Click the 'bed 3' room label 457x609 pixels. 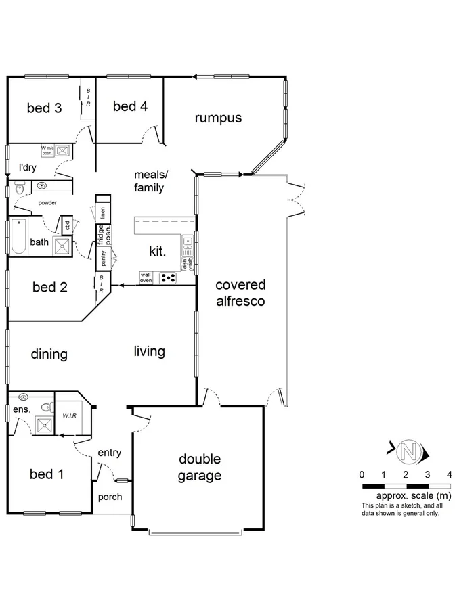tap(45, 108)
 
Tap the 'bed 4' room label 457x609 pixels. tap(130, 106)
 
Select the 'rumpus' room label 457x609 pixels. tap(218, 118)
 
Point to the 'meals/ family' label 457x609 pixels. tap(149, 181)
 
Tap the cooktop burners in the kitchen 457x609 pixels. tap(167, 277)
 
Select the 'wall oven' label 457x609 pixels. tap(146, 277)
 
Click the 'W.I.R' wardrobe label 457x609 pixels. tap(70, 415)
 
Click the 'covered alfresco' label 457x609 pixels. tap(240, 293)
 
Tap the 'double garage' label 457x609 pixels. tap(200, 468)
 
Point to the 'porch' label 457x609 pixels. tap(110, 497)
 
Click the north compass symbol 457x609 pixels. tap(408, 450)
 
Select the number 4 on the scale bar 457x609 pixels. tap(449, 474)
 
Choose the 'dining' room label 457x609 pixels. tap(49, 354)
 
